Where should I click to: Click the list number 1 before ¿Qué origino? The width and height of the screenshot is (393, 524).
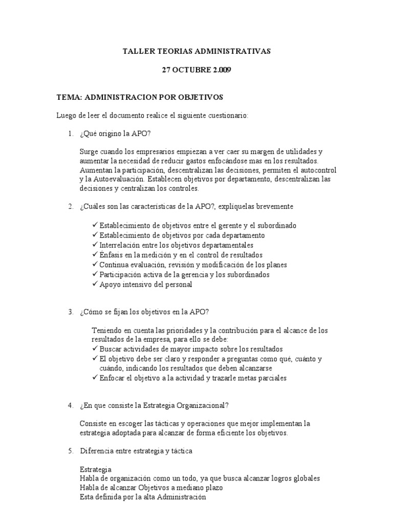click(71, 134)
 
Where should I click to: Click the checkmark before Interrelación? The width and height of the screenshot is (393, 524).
click(95, 245)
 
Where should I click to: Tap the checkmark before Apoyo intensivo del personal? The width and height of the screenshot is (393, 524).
click(95, 284)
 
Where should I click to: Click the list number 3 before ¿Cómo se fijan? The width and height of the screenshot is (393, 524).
click(71, 312)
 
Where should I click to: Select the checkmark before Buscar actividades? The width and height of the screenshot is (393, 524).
click(95, 348)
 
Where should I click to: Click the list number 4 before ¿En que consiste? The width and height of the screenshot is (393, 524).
click(71, 405)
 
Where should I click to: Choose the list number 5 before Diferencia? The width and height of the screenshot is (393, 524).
click(71, 451)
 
